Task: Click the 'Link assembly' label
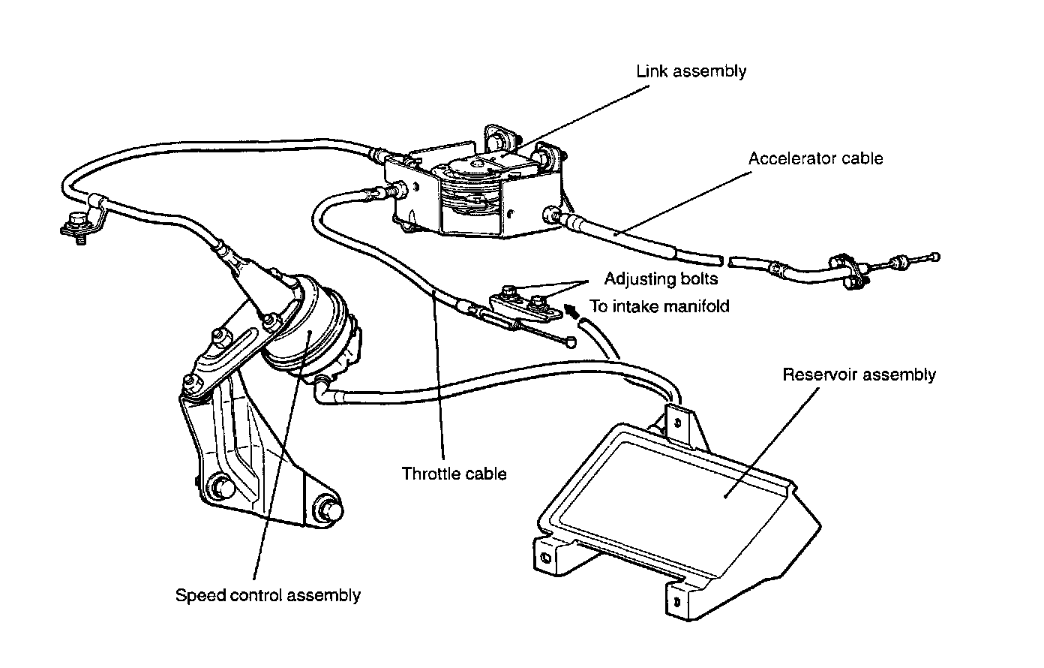click(691, 71)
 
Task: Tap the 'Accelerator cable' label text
click(815, 158)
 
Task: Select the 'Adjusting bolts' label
click(661, 279)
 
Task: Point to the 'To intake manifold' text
click(659, 305)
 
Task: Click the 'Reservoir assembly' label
click(859, 374)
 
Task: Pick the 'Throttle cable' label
click(454, 474)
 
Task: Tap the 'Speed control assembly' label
click(268, 595)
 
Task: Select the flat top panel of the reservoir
click(675, 488)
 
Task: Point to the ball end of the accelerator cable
click(934, 257)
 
